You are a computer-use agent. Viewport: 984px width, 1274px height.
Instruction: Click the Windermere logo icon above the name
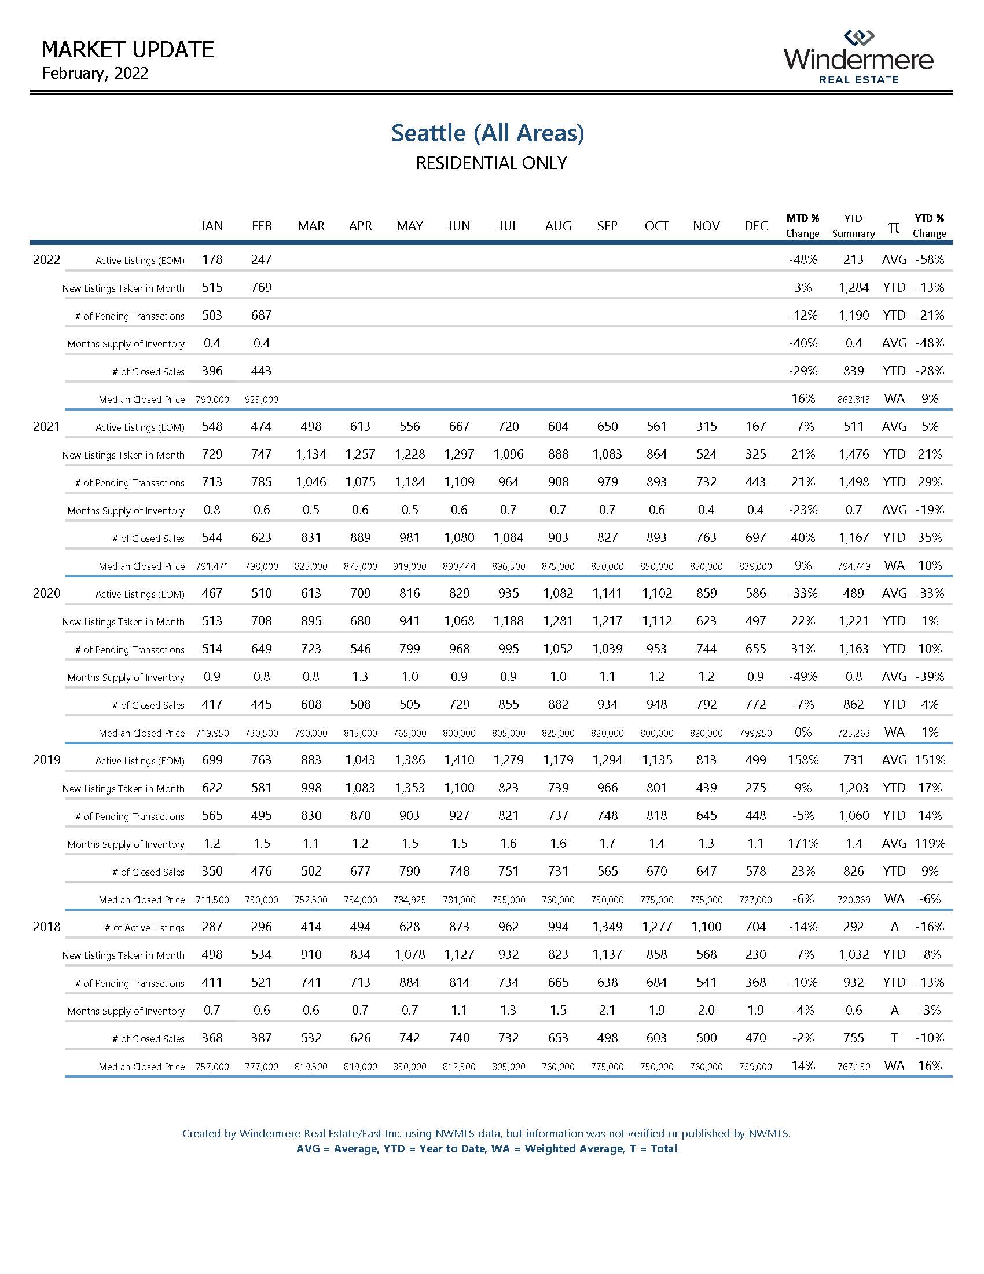(x=858, y=38)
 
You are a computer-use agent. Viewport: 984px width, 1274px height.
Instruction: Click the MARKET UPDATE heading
(x=128, y=50)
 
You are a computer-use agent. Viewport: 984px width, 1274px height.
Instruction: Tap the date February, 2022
(x=95, y=74)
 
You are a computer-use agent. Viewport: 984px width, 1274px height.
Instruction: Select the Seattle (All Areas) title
(x=487, y=133)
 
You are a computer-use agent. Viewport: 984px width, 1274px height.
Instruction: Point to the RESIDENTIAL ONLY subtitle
(x=491, y=163)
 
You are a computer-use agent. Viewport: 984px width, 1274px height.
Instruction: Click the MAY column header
(x=410, y=226)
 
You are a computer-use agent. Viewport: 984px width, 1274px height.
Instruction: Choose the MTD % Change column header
(x=802, y=226)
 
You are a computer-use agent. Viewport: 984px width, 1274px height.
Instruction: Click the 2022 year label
(x=47, y=260)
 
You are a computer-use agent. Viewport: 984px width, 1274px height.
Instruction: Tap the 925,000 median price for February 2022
(x=262, y=400)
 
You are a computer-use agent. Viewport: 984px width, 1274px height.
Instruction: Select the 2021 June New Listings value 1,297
(x=459, y=455)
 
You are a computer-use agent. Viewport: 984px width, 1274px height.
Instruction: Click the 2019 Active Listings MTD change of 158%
(x=802, y=760)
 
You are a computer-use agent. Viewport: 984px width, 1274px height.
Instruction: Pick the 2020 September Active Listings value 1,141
(x=607, y=593)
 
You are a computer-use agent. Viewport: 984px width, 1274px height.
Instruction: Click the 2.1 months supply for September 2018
(x=607, y=1011)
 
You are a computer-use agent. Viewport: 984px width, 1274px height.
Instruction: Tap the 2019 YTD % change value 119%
(x=930, y=844)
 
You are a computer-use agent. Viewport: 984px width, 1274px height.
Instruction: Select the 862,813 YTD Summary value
(x=853, y=400)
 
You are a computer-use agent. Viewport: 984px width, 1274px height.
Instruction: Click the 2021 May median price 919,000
(x=410, y=566)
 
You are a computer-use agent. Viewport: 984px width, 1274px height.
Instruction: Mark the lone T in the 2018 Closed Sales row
(x=894, y=1038)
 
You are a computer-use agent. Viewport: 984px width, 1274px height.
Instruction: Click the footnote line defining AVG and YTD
(x=486, y=1149)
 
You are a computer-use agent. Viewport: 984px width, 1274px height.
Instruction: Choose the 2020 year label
(x=47, y=594)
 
